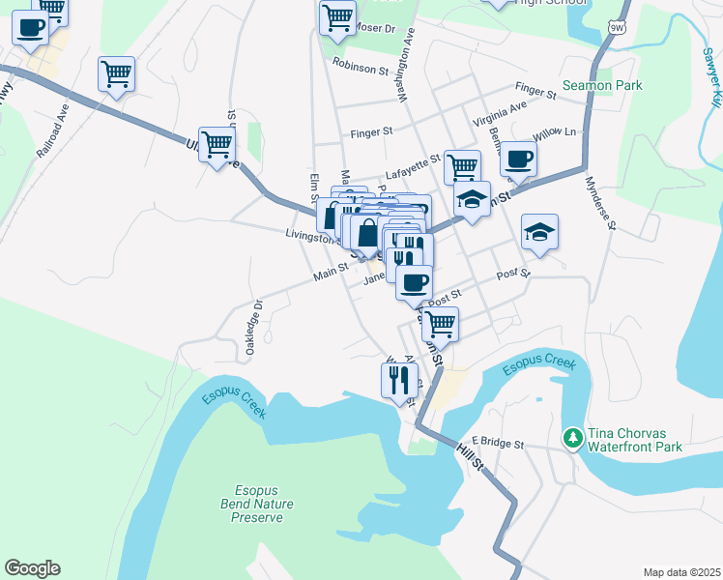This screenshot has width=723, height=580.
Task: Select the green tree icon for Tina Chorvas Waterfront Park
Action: point(573,439)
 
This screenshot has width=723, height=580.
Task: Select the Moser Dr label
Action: point(376,28)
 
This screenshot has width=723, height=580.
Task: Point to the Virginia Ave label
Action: point(500,113)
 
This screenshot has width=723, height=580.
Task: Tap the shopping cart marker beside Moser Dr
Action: point(337,17)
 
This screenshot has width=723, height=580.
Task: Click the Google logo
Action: point(32,568)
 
